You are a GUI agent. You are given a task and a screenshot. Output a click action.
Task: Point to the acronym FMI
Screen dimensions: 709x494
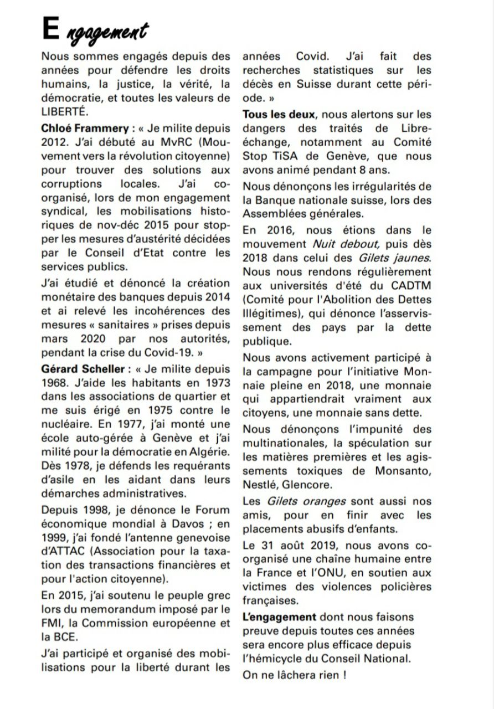pyautogui.click(x=50, y=623)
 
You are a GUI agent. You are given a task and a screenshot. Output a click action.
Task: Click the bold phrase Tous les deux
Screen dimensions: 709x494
pyautogui.click(x=279, y=115)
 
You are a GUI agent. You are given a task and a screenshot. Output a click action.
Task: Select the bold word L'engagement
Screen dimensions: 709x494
pyautogui.click(x=279, y=616)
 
